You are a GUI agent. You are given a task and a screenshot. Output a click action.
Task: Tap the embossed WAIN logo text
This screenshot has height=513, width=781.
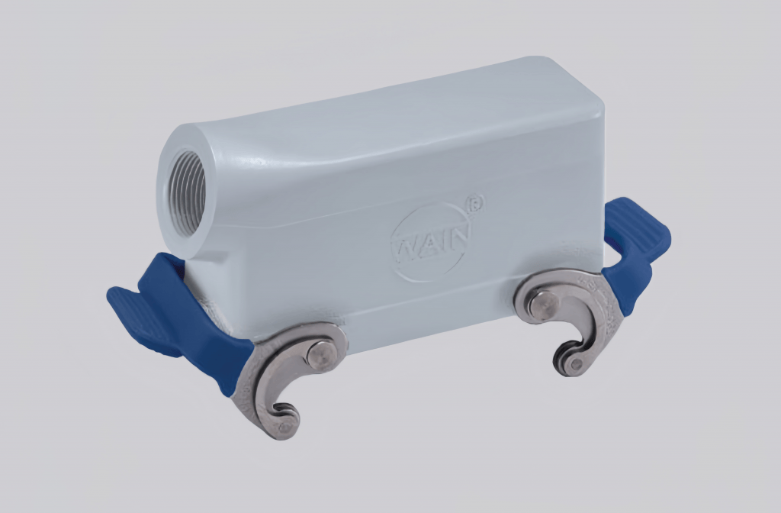pos(431,243)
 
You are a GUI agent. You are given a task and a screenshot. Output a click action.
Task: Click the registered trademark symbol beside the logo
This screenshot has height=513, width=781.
pos(477,202)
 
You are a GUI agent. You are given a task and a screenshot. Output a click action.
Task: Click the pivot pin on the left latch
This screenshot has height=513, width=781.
pos(320,355)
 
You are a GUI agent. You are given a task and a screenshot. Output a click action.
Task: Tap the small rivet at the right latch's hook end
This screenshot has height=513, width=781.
pos(573,364)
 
